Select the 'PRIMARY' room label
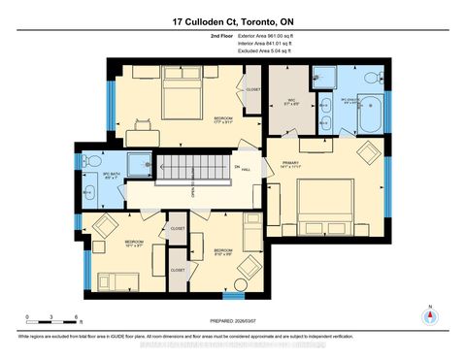coord(291,162)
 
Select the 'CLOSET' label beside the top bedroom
coord(252,90)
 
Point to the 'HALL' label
coord(247,169)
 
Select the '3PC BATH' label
coord(110,176)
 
